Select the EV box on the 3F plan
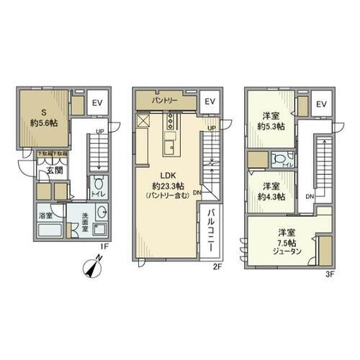pyautogui.click(x=321, y=104)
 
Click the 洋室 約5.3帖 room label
pyautogui.click(x=270, y=121)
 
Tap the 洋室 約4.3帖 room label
pyautogui.click(x=271, y=191)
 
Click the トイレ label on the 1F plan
pyautogui.click(x=99, y=194)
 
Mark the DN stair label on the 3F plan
pyautogui.click(x=309, y=195)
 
